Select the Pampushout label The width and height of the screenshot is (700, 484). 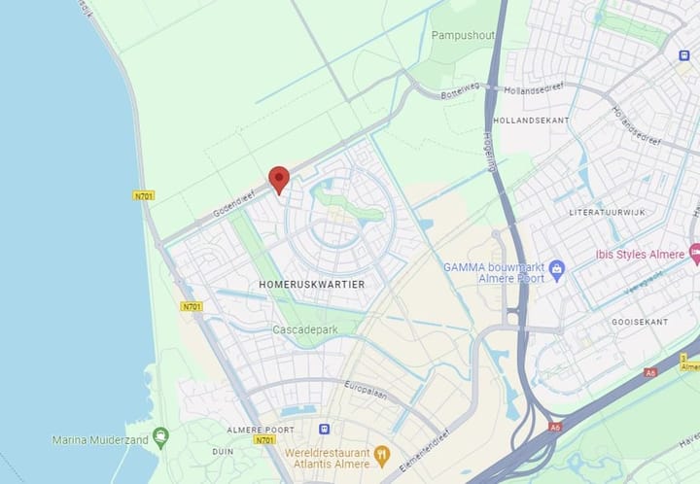click(x=463, y=35)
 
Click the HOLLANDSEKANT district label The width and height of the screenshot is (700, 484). click(x=532, y=120)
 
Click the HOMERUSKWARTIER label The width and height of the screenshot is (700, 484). click(x=312, y=284)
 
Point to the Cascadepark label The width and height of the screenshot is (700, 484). click(x=305, y=330)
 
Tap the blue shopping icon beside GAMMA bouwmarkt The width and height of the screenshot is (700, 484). click(x=557, y=268)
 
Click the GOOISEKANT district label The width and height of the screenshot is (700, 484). click(x=640, y=322)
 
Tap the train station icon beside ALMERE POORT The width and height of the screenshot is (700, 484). click(x=324, y=429)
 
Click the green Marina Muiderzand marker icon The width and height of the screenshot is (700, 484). click(x=161, y=434)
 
